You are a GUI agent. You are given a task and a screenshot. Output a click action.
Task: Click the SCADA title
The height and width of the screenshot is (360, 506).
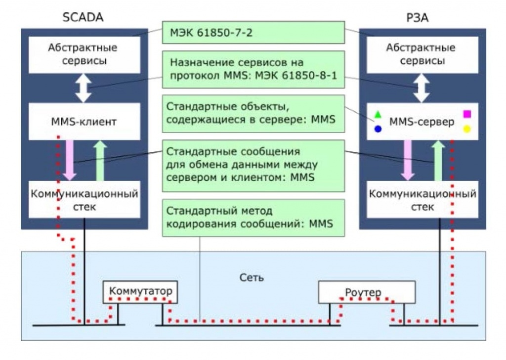[83, 17]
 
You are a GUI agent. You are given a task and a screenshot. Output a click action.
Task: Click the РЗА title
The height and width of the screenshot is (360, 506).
[417, 18]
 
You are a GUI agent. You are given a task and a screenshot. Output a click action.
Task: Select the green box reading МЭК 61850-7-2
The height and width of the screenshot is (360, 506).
[253, 32]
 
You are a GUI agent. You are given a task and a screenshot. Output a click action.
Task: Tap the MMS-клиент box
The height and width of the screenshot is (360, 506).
[84, 121]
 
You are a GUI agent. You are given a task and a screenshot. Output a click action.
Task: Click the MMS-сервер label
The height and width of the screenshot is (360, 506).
[422, 122]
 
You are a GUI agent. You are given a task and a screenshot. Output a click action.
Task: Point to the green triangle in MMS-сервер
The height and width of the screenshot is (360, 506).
[378, 114]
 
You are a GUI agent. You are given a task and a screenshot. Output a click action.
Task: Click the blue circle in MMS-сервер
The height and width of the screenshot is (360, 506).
[378, 129]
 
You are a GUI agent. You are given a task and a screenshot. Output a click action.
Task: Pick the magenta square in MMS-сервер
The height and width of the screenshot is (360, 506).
[467, 114]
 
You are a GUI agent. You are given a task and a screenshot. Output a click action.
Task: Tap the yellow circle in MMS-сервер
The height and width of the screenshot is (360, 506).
[467, 129]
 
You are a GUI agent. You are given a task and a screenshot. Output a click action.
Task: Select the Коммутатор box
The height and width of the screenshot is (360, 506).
[140, 292]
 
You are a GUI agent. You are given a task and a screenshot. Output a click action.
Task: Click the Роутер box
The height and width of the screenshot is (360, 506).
[367, 292]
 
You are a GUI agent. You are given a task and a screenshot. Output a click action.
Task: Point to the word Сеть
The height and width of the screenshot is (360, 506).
[252, 277]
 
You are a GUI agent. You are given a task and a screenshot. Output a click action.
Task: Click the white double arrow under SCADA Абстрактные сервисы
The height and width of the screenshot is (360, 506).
[84, 88]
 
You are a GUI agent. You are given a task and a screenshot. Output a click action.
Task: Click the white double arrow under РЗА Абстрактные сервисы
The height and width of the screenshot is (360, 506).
[422, 88]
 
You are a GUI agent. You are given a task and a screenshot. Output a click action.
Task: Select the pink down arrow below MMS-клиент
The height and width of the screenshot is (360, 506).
[70, 160]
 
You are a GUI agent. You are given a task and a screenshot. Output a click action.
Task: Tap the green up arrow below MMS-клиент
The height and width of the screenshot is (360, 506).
[100, 160]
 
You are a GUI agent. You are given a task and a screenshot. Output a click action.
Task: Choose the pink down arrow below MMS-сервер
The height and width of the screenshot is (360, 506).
[408, 160]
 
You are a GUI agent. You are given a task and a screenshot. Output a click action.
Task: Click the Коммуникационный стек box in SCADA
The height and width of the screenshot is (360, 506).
[84, 200]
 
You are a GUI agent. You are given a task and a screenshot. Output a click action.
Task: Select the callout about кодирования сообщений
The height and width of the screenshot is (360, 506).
[253, 218]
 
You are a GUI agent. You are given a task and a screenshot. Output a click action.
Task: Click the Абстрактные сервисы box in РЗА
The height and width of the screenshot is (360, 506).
[422, 54]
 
